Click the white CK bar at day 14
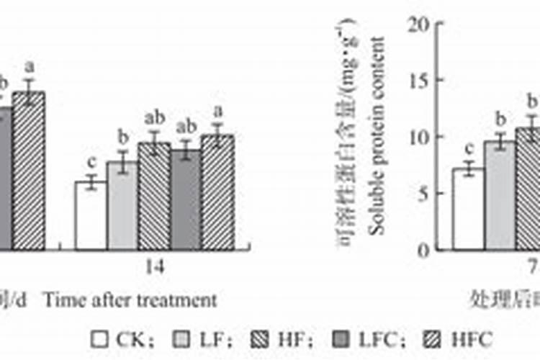pos(91,215)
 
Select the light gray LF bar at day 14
pos(122,206)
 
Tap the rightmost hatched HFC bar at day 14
pos(217,192)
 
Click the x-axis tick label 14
pos(155,267)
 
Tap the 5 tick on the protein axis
pos(426,194)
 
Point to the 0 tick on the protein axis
pos(426,250)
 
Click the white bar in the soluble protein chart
pos(468,209)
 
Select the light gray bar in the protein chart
pos(500,195)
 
